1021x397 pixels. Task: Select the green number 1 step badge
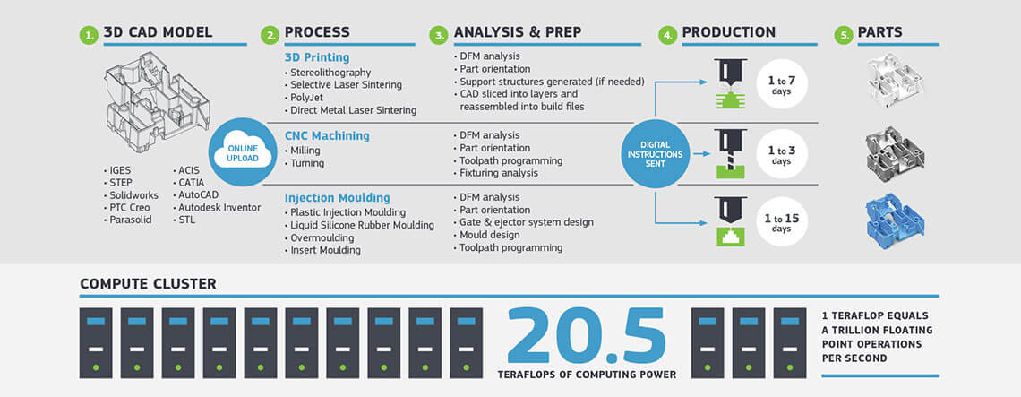[88, 36]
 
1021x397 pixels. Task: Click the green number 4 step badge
[666, 36]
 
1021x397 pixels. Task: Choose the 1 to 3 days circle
[781, 154]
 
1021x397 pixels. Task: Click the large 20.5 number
[588, 336]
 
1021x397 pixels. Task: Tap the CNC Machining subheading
[327, 136]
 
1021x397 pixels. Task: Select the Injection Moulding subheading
[337, 197]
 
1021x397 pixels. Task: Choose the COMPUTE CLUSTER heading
[147, 284]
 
